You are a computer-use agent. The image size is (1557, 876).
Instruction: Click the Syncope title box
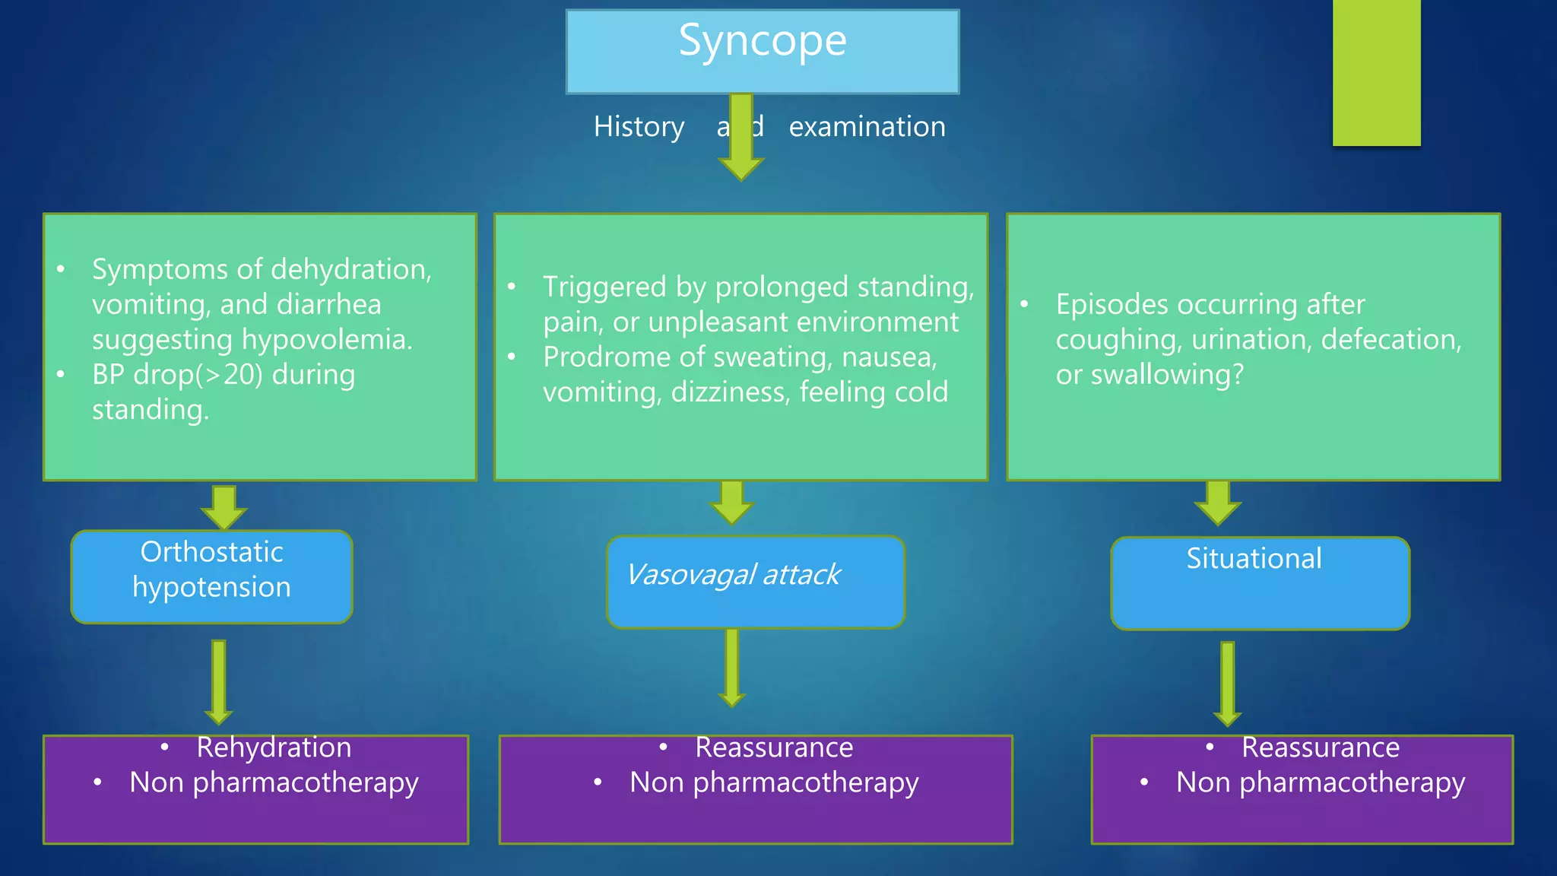pos(763,52)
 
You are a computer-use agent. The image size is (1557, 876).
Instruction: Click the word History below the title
pos(639,127)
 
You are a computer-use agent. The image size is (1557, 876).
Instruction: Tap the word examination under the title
pos(867,127)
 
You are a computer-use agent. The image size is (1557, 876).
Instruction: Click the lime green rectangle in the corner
pos(1376,72)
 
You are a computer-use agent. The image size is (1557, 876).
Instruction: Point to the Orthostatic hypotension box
pos(211,576)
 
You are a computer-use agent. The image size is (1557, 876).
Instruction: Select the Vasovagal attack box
pos(755,582)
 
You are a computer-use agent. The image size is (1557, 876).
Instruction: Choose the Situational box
pos(1260,583)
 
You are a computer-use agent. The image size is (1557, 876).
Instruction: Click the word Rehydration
pos(274,747)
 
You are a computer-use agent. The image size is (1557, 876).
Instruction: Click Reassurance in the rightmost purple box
pos(1320,747)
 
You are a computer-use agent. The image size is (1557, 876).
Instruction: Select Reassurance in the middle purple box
pos(773,747)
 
